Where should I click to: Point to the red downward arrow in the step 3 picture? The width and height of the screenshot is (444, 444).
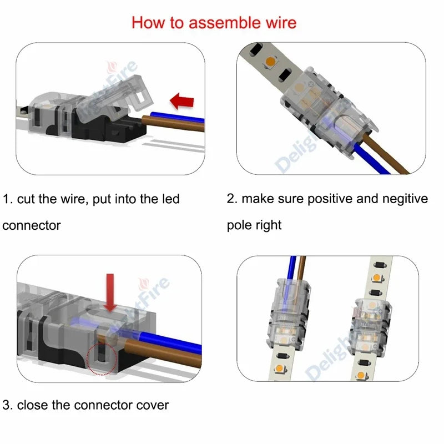[111, 291]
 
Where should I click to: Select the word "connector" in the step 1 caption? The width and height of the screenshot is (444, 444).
[32, 225]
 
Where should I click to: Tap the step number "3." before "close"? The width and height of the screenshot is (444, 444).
[8, 405]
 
